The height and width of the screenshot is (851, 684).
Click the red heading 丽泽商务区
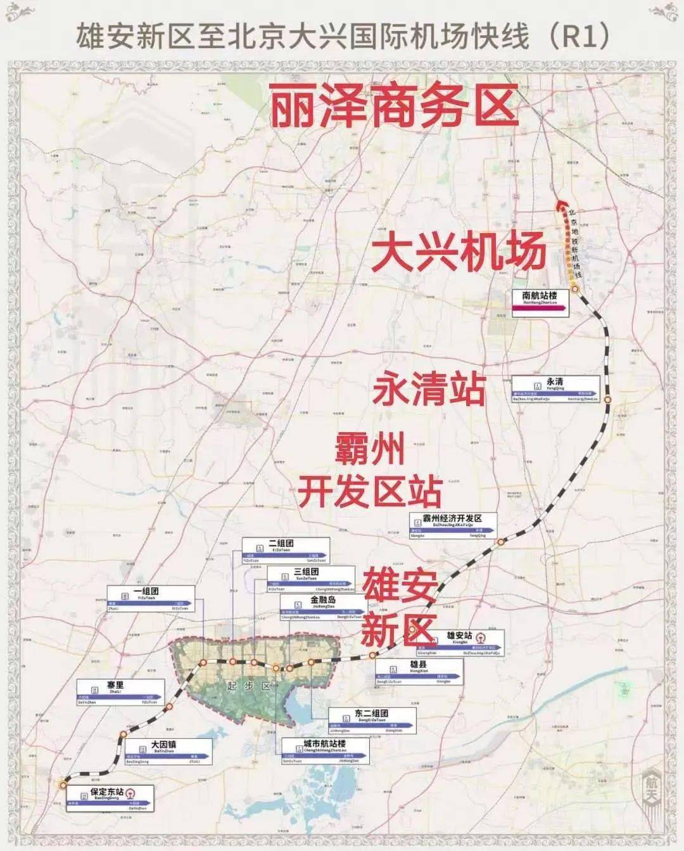pyautogui.click(x=394, y=108)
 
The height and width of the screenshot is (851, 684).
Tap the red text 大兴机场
pyautogui.click(x=459, y=252)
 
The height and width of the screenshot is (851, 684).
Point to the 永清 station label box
pyautogui.click(x=555, y=388)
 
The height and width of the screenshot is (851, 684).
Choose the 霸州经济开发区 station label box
pyautogui.click(x=453, y=525)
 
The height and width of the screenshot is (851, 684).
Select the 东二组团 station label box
pyautogui.click(x=372, y=720)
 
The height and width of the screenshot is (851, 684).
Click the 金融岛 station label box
pyautogui.click(x=323, y=606)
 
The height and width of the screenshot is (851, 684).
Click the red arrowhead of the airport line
pyautogui.click(x=559, y=205)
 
